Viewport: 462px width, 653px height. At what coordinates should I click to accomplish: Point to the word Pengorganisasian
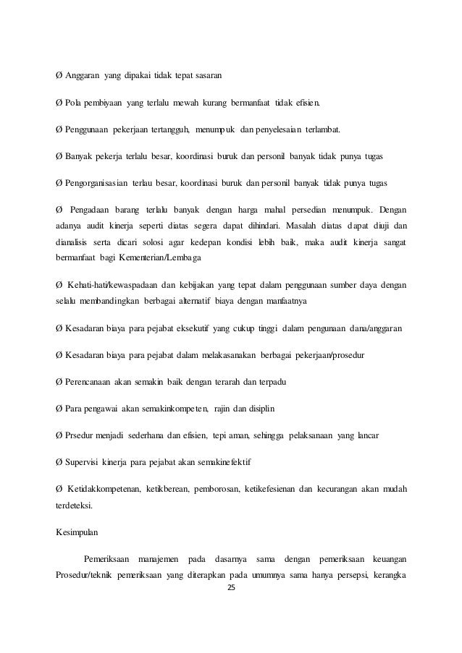[98, 184]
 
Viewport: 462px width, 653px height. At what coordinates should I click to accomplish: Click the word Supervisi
[82, 462]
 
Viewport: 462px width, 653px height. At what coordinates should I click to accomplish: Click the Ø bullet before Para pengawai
[58, 408]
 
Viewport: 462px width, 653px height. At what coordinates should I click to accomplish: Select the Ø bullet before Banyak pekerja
[58, 156]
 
